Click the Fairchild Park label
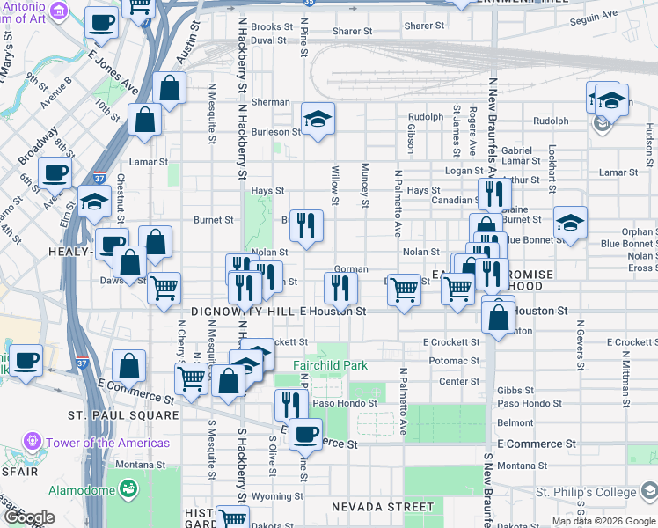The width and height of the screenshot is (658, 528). click(x=330, y=365)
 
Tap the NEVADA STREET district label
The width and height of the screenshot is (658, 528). click(x=383, y=507)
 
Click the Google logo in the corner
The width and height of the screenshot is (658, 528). click(x=30, y=518)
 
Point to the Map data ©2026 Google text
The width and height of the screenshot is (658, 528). click(x=603, y=521)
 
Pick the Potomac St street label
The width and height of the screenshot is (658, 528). click(x=453, y=361)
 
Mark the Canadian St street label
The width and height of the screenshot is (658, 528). click(x=453, y=200)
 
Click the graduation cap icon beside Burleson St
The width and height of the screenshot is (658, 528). click(x=318, y=119)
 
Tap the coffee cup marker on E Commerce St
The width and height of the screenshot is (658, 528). click(x=306, y=432)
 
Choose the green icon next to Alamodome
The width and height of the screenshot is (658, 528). click(x=129, y=487)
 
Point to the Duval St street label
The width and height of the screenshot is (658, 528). click(x=268, y=40)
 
